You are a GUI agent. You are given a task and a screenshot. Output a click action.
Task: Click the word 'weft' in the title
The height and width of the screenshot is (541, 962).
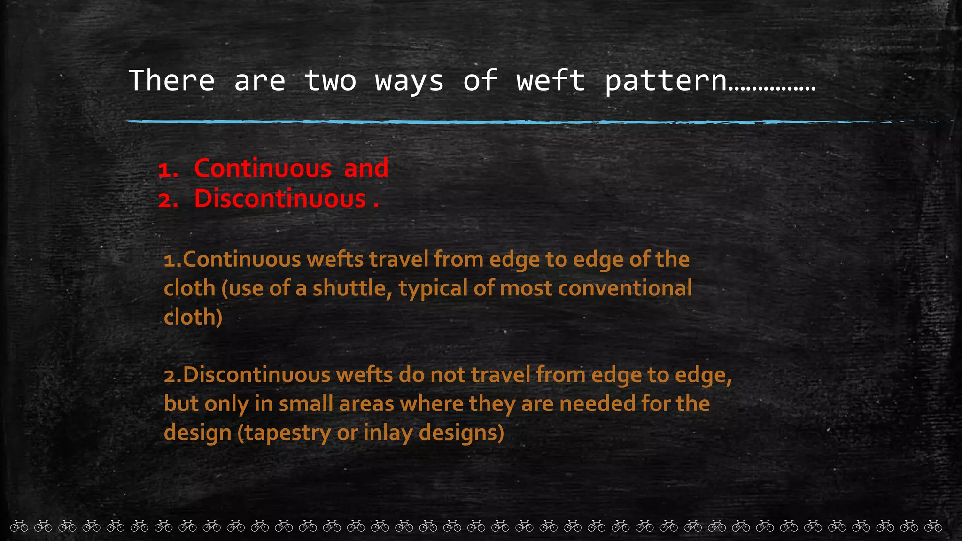(551, 80)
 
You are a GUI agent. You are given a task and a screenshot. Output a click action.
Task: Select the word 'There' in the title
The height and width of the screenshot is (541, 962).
(171, 80)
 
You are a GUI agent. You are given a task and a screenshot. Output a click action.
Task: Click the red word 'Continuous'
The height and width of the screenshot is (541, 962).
(263, 168)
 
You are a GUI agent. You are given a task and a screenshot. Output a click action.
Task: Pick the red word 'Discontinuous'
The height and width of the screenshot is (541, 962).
(280, 199)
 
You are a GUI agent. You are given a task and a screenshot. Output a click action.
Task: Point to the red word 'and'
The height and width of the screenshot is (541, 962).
(366, 168)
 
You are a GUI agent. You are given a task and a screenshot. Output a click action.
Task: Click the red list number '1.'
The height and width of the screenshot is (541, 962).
(168, 170)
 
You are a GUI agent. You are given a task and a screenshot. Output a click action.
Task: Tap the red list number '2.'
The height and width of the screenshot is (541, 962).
(168, 201)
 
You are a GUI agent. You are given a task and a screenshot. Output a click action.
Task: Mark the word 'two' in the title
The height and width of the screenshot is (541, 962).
(330, 80)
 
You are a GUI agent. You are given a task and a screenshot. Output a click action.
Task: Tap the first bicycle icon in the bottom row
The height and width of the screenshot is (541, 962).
(19, 526)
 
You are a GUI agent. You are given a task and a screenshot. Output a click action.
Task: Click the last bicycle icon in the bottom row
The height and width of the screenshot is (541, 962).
(933, 526)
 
